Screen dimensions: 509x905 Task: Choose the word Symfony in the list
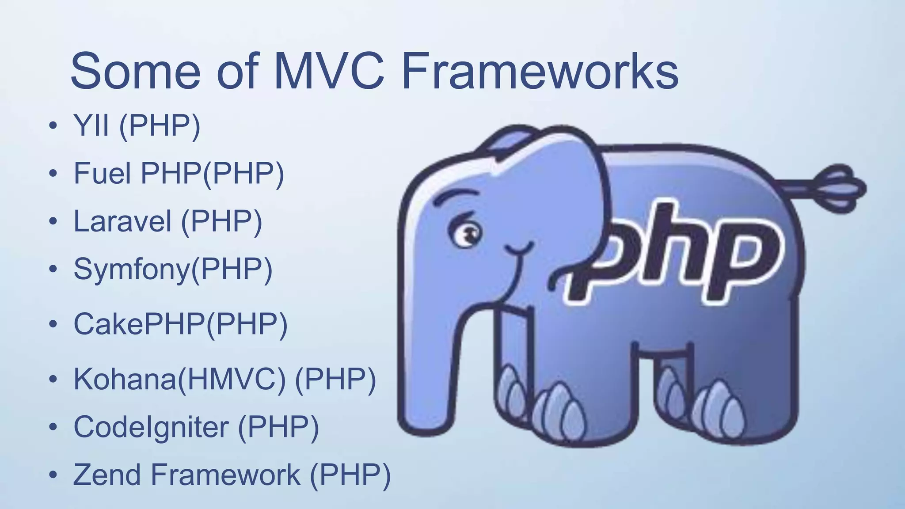131,270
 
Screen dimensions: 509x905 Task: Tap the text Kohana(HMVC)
179,379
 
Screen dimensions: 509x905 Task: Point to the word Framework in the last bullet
225,475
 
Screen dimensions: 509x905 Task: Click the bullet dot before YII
53,125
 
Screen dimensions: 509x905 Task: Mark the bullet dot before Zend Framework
53,475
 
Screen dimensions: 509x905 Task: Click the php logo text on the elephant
676,254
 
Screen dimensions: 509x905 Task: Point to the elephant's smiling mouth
519,250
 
